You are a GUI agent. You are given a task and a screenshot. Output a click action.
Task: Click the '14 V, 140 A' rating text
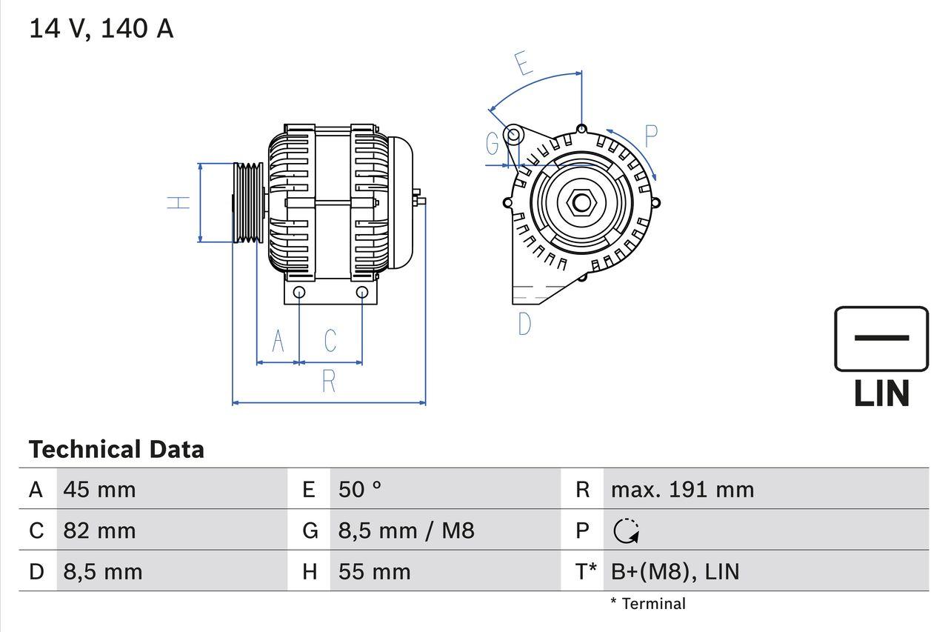point(101,29)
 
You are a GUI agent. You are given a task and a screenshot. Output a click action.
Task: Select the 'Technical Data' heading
point(116,450)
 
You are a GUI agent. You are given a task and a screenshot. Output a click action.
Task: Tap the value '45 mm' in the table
point(99,490)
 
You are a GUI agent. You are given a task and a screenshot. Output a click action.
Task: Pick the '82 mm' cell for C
point(99,530)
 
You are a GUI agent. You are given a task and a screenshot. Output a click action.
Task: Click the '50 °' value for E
point(360,490)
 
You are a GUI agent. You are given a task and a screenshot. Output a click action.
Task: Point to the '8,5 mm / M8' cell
point(406,530)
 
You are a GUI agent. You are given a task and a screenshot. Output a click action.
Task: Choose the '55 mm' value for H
point(374,571)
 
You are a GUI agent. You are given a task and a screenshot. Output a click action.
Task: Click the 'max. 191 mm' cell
point(682,490)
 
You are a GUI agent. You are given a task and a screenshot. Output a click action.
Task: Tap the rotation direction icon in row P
point(627,530)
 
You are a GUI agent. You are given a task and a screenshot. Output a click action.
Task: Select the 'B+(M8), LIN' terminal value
point(675,571)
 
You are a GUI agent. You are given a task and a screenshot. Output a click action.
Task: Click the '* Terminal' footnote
point(648,604)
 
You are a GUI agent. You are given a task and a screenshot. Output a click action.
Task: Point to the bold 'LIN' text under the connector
point(881,393)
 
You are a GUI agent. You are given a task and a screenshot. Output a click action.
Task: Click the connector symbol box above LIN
point(881,339)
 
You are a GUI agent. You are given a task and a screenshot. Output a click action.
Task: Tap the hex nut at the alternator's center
point(580,202)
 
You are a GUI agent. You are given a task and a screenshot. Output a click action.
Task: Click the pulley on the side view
point(247,202)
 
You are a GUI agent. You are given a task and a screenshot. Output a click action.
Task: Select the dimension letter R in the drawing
point(329,382)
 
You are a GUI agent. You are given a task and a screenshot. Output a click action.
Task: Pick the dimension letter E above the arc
point(523,64)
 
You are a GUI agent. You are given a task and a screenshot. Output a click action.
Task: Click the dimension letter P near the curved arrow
point(650,136)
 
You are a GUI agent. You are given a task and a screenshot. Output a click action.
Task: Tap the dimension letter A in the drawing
point(278,341)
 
